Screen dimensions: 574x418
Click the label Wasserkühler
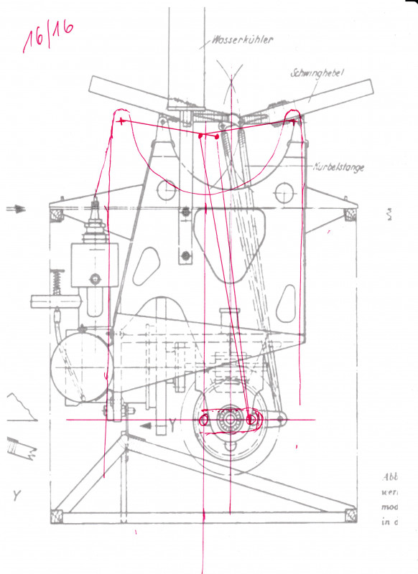tap(243, 41)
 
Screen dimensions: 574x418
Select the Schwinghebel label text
tap(319, 73)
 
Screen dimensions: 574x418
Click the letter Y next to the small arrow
tap(172, 425)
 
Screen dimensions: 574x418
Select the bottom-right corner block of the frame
tap(350, 514)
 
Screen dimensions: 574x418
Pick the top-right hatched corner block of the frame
tap(350, 213)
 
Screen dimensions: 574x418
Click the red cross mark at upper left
tap(121, 122)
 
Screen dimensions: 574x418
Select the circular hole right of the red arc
tap(284, 193)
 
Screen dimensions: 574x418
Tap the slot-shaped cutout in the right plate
tap(287, 304)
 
